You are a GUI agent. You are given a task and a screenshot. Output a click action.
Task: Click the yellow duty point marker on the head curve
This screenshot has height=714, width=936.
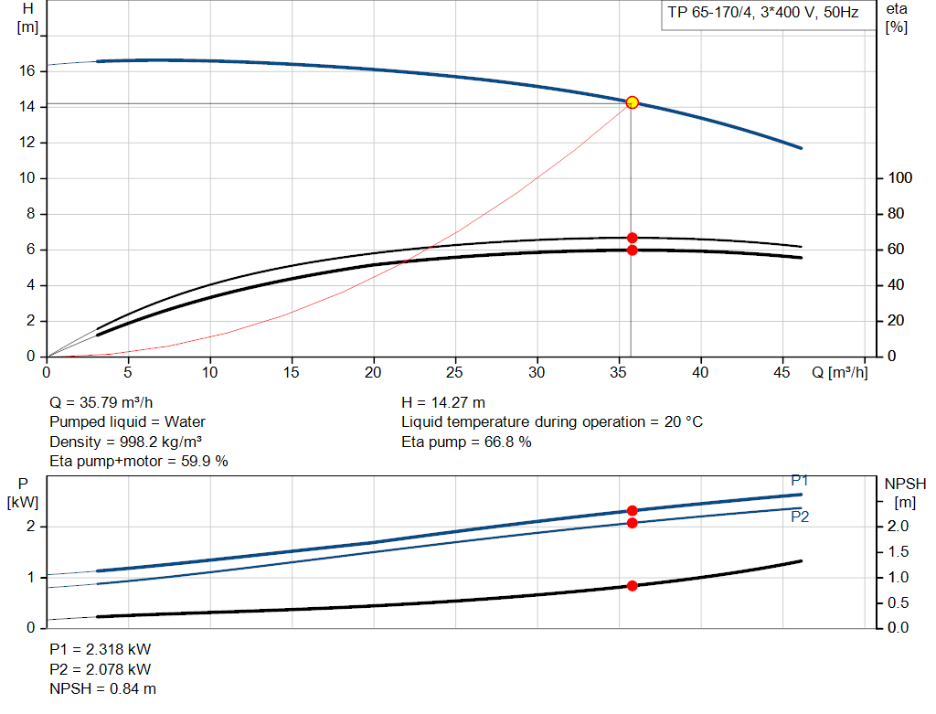pyautogui.click(x=632, y=102)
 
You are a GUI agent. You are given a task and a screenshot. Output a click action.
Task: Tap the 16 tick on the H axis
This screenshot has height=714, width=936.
pyautogui.click(x=27, y=71)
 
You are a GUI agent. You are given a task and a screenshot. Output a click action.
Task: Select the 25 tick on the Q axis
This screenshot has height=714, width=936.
pyautogui.click(x=455, y=372)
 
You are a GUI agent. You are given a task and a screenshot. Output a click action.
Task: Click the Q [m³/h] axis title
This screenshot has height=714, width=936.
pyautogui.click(x=839, y=372)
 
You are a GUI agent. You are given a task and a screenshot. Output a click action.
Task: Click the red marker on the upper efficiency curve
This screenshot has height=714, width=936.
pyautogui.click(x=632, y=238)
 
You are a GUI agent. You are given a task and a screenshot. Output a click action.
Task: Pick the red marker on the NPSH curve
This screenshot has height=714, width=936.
pyautogui.click(x=632, y=585)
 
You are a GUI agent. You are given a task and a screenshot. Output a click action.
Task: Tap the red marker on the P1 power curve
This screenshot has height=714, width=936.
pyautogui.click(x=632, y=511)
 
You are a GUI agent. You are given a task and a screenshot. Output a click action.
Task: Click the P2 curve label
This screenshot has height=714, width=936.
pyautogui.click(x=800, y=517)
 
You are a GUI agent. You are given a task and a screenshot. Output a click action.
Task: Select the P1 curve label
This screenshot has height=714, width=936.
pyautogui.click(x=800, y=481)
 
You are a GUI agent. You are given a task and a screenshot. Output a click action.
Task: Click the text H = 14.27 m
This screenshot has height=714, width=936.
pyautogui.click(x=443, y=402)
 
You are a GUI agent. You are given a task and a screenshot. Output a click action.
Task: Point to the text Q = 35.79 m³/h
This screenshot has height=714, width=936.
pyautogui.click(x=101, y=402)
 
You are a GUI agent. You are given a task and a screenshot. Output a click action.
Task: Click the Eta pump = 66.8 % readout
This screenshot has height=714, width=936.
pyautogui.click(x=466, y=442)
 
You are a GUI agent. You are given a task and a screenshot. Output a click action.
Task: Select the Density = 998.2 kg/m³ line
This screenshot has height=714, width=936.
pyautogui.click(x=125, y=442)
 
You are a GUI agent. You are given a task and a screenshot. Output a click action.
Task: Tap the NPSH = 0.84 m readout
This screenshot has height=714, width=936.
pyautogui.click(x=102, y=688)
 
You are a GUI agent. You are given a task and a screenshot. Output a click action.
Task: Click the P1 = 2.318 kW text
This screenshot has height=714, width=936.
pyautogui.click(x=100, y=649)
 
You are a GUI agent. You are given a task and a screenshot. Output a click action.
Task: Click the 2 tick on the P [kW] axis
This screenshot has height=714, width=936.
pyautogui.click(x=30, y=527)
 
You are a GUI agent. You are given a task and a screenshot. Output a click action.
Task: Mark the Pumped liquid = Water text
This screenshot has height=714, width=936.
pyautogui.click(x=127, y=421)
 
